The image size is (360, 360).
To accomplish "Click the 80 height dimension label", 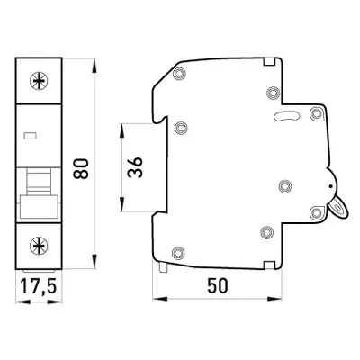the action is pyautogui.click(x=81, y=168).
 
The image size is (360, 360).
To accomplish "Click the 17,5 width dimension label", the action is pyautogui.click(x=39, y=285).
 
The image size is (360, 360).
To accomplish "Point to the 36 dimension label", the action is pyautogui.click(x=135, y=167).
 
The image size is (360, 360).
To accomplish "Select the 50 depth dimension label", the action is pyautogui.click(x=218, y=285).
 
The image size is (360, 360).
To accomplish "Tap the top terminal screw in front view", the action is pyautogui.click(x=39, y=81).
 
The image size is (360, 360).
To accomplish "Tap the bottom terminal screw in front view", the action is pyautogui.click(x=39, y=246).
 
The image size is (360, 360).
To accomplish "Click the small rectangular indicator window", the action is pyautogui.click(x=31, y=136).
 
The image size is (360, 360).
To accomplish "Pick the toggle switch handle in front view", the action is pyautogui.click(x=39, y=207).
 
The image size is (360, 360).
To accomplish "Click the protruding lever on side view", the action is pyautogui.click(x=338, y=208).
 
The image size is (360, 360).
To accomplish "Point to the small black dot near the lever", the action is pyautogui.click(x=330, y=186).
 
